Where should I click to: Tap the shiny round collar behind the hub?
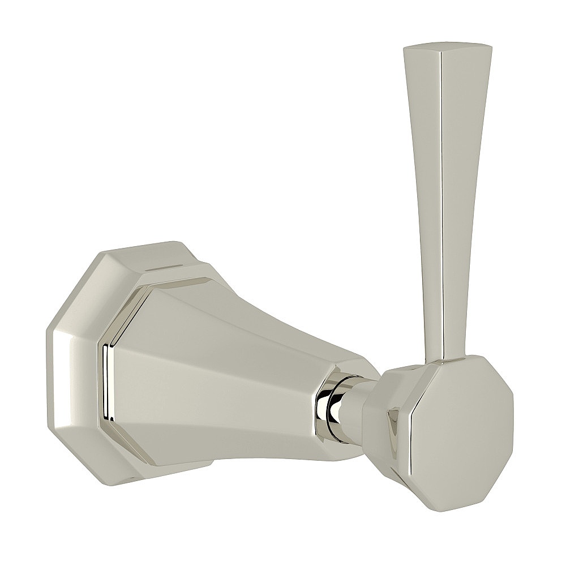(333, 398)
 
